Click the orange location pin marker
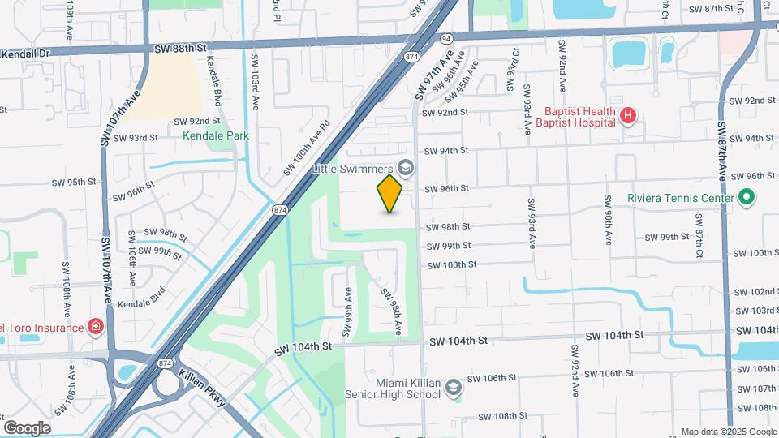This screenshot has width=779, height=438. (x=390, y=194)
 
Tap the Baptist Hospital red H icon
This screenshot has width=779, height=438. (x=626, y=117)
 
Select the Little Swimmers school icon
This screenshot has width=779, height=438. (x=407, y=169)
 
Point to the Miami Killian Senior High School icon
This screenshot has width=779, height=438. (x=453, y=388)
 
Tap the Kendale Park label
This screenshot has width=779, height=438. (x=215, y=136)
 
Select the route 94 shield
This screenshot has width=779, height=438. (x=445, y=37)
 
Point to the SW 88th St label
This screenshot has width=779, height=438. (x=175, y=49)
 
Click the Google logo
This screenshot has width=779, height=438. (x=27, y=427)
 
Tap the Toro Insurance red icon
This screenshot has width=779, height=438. (x=96, y=327)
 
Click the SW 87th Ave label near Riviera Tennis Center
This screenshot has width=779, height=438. (x=721, y=152)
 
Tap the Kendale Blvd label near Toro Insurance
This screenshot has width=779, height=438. (x=141, y=298)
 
